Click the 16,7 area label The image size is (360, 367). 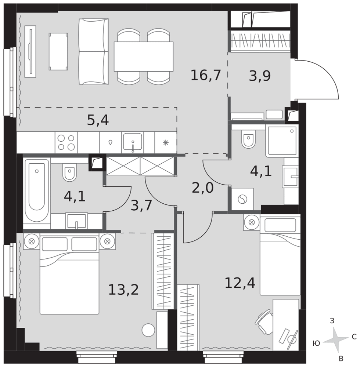(206, 75)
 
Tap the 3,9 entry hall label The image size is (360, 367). (260, 76)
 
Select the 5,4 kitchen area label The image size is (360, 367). (98, 120)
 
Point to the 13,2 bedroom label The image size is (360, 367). (123, 290)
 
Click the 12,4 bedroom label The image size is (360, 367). (240, 283)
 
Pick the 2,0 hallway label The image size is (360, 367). (203, 188)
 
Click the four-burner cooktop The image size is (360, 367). (66, 142)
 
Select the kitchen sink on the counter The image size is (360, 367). (133, 142)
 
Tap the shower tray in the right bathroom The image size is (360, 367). (282, 141)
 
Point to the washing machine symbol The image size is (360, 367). (242, 199)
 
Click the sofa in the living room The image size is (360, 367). (93, 51)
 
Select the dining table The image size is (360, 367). (144, 57)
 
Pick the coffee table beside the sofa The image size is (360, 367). (58, 51)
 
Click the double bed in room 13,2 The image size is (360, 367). (69, 274)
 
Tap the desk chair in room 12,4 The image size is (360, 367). (264, 322)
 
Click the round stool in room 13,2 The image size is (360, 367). (148, 330)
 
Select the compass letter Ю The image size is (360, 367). (316, 344)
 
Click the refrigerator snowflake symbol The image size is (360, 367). (166, 142)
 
